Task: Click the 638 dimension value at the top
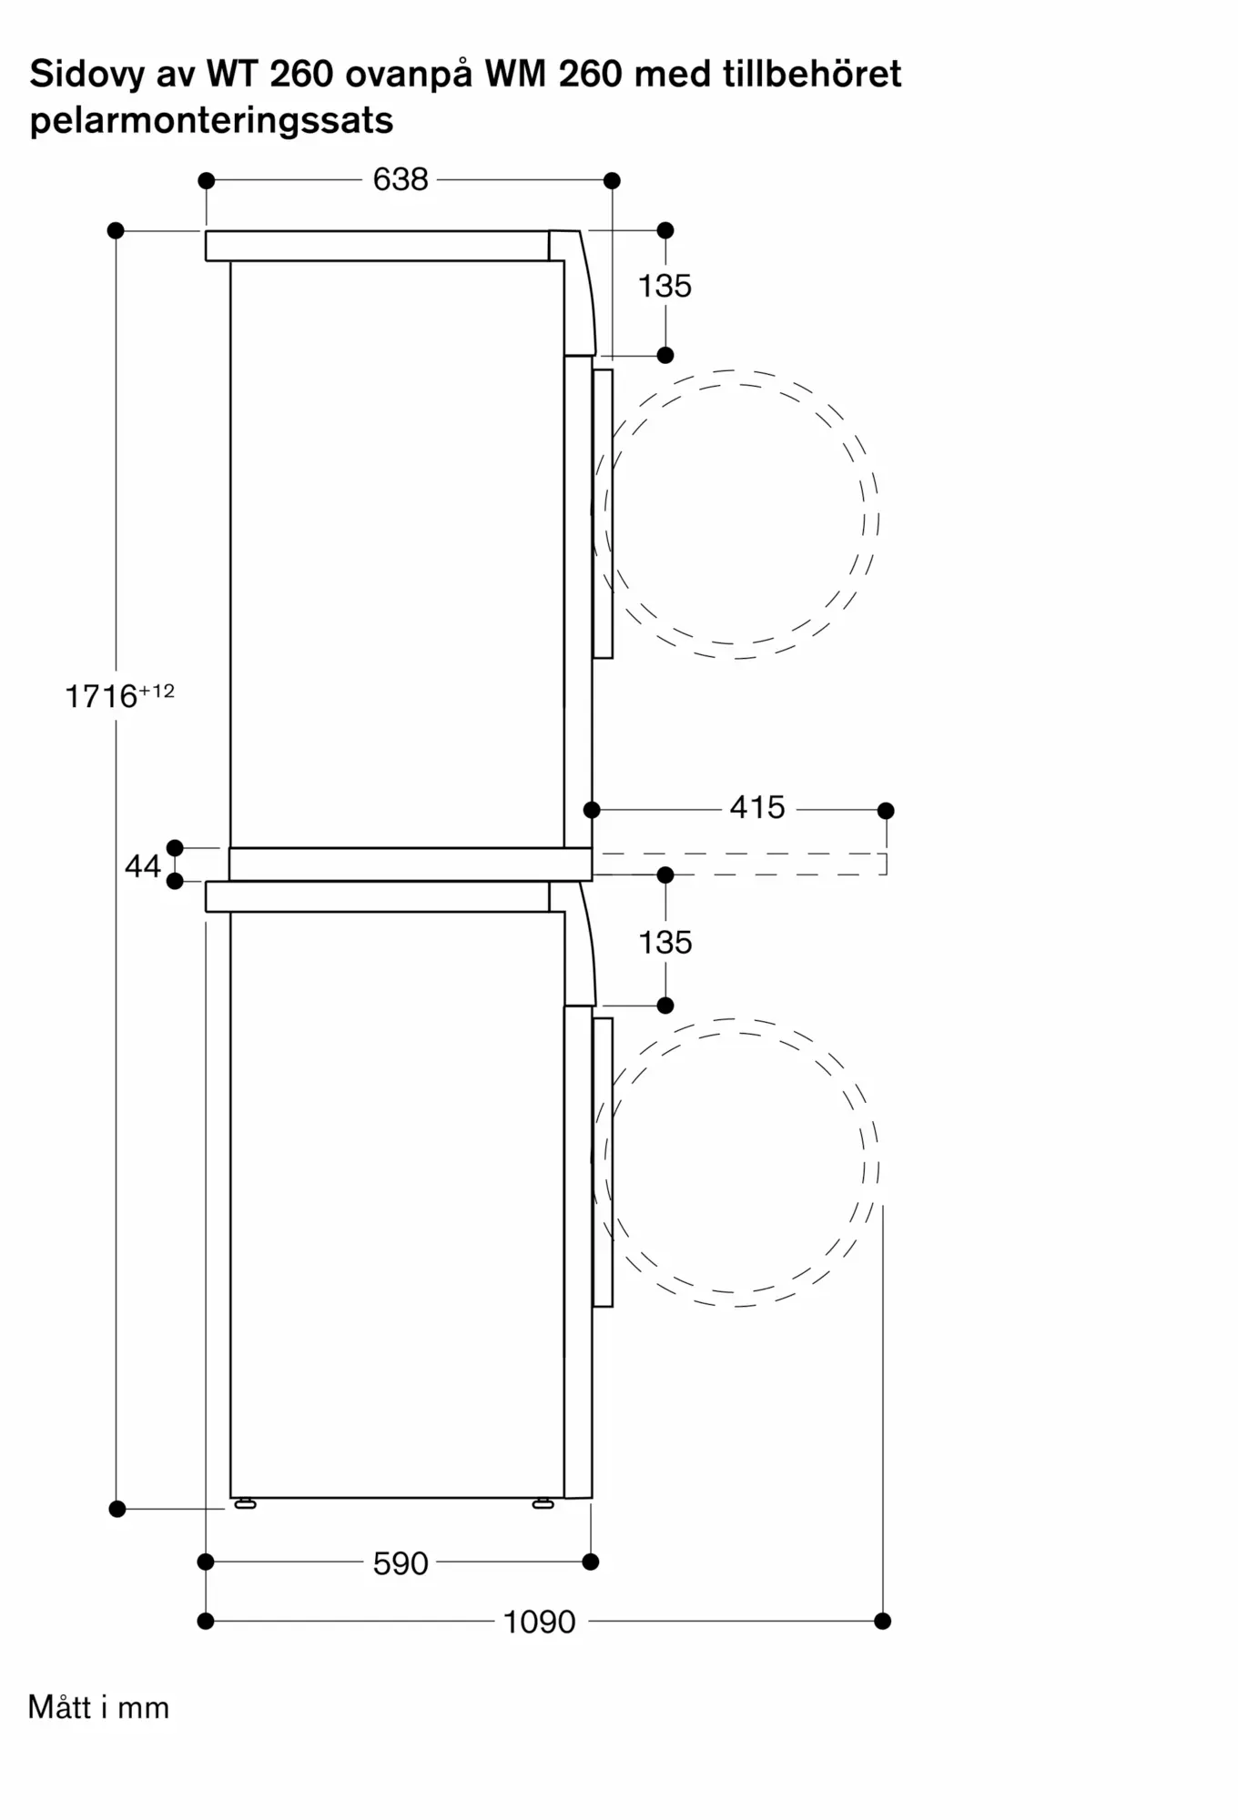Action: pyautogui.click(x=401, y=179)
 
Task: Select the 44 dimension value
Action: pyautogui.click(x=143, y=865)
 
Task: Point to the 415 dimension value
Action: pyautogui.click(x=757, y=807)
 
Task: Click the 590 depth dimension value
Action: pyautogui.click(x=401, y=1563)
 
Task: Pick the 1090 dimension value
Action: pyautogui.click(x=540, y=1622)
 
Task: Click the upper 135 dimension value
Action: pyautogui.click(x=665, y=286)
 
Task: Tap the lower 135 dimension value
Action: pyautogui.click(x=665, y=942)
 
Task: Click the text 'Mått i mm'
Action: pyautogui.click(x=98, y=1707)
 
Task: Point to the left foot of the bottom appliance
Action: pyautogui.click(x=246, y=1504)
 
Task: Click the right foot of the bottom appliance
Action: pyautogui.click(x=543, y=1504)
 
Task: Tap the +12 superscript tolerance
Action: pyautogui.click(x=157, y=691)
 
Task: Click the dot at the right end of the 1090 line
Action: pyautogui.click(x=882, y=1621)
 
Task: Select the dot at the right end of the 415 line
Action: pyautogui.click(x=886, y=810)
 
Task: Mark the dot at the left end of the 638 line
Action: pyautogui.click(x=206, y=180)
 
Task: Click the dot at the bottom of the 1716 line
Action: pyautogui.click(x=117, y=1509)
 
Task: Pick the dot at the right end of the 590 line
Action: pyautogui.click(x=591, y=1562)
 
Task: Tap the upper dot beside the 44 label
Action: pyautogui.click(x=175, y=848)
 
